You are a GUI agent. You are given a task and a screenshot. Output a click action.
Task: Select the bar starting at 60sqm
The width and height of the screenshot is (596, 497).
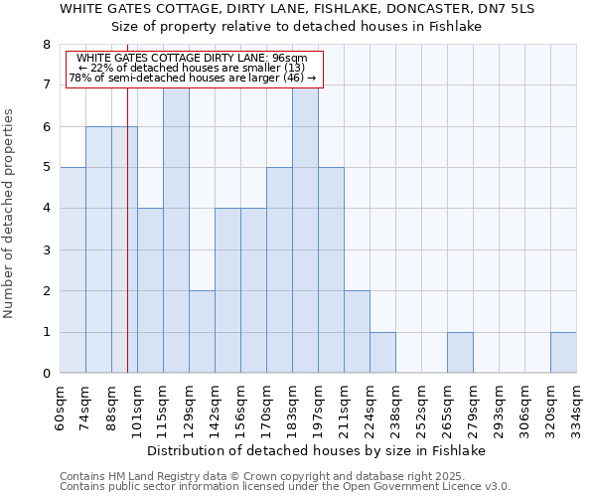coord(73,270)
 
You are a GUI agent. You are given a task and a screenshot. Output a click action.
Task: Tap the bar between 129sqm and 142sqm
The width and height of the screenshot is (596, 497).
coord(202,332)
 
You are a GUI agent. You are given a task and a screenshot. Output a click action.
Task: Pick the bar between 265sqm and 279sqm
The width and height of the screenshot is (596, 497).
coord(460,353)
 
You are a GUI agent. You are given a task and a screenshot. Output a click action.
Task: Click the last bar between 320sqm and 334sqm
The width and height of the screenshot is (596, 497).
coord(563,353)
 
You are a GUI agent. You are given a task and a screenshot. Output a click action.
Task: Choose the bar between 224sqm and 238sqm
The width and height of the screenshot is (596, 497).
coord(382,353)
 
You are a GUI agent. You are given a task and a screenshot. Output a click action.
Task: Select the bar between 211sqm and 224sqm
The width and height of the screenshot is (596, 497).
coord(357,332)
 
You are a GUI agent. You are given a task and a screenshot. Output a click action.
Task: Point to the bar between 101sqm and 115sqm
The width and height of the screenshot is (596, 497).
coord(150,290)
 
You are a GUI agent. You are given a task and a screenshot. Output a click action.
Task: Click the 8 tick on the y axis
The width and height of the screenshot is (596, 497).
coord(46,45)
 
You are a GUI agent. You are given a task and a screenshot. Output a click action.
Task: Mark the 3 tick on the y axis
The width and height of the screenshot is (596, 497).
coord(46,249)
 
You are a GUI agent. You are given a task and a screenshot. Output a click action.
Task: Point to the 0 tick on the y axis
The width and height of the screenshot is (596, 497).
coord(46,374)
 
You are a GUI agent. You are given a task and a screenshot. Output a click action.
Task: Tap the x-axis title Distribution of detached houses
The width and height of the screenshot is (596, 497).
coord(323,450)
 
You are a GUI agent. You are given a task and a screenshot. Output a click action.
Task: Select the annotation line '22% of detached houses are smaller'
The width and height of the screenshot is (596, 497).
coord(193,68)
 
